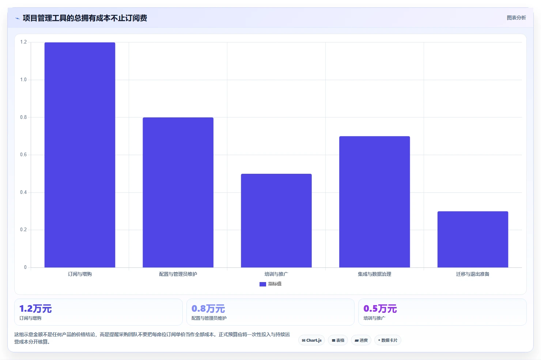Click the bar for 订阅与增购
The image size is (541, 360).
[x=80, y=155]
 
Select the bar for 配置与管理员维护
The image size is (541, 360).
[x=178, y=192]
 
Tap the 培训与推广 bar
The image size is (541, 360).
[x=276, y=221]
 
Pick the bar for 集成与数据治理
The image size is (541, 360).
[x=375, y=202]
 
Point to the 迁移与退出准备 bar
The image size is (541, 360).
[x=473, y=239]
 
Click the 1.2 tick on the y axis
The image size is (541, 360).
[x=23, y=42]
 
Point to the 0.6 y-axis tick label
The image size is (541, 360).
[x=23, y=155]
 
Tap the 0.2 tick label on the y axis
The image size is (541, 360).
[x=23, y=230]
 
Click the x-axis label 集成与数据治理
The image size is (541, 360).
[x=375, y=274]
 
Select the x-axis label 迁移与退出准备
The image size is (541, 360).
[x=473, y=274]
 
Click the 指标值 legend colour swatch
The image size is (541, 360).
[x=263, y=284]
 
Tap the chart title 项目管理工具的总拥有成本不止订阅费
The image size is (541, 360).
[x=85, y=18]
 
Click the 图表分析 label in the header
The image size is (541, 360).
[x=516, y=18]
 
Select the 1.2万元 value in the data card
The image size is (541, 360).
[x=35, y=309]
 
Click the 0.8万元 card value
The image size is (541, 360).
[x=208, y=309]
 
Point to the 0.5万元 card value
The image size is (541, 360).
[x=380, y=309]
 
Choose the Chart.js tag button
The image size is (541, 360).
[x=311, y=340]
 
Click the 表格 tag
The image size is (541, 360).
[x=338, y=340]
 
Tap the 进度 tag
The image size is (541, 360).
[x=361, y=340]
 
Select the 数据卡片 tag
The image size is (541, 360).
[x=387, y=340]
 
